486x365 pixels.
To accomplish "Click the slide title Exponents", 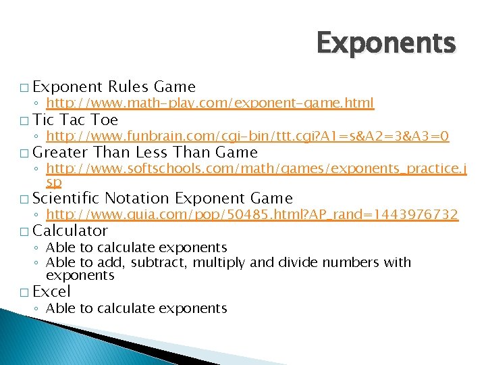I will (386, 43).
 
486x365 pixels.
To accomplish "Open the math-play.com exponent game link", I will (209, 103).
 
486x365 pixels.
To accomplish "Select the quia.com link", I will (252, 214).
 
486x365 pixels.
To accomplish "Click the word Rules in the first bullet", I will (128, 87).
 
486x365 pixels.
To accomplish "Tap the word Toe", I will (104, 120).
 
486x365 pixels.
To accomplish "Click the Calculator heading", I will (70, 231).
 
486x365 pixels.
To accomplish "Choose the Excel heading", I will (51, 291).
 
